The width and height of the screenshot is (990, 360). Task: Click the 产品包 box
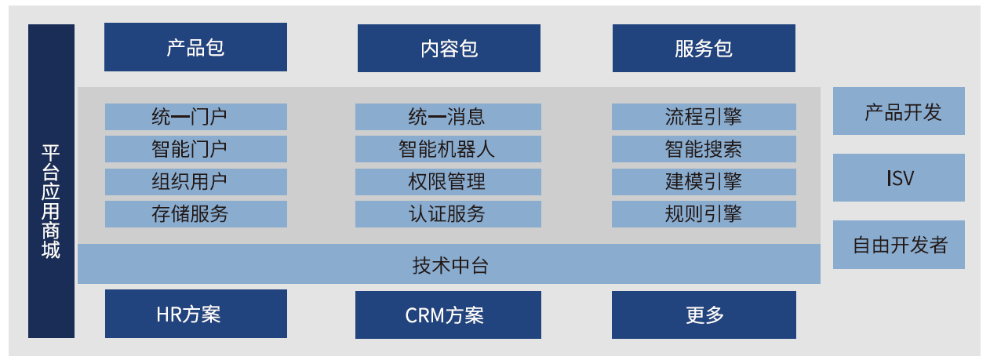click(x=195, y=47)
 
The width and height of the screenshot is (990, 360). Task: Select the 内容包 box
click(x=449, y=48)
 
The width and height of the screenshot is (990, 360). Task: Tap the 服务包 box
click(x=704, y=48)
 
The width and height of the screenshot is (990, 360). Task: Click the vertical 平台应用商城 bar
click(x=51, y=181)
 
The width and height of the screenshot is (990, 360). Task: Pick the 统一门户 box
click(x=196, y=117)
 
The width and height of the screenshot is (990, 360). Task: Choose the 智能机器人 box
click(x=448, y=149)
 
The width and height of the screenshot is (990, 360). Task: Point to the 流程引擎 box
click(x=704, y=117)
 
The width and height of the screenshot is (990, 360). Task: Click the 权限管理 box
click(x=448, y=181)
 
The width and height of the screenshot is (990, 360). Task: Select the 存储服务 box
click(x=196, y=214)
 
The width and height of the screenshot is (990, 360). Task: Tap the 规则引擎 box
click(x=704, y=214)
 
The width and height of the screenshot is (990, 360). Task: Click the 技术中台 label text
click(x=450, y=265)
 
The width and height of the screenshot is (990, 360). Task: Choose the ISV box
click(x=899, y=177)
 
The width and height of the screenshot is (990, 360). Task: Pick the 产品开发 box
click(x=899, y=111)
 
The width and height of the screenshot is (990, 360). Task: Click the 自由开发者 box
click(x=899, y=245)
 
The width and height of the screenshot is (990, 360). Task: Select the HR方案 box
click(x=196, y=314)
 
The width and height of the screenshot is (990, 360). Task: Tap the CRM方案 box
click(x=448, y=315)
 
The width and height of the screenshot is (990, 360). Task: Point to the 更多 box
click(x=704, y=315)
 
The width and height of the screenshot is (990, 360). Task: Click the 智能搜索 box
click(x=704, y=149)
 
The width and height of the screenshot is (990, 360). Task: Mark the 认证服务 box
click(x=448, y=214)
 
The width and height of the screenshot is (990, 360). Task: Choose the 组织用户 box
click(x=196, y=181)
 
